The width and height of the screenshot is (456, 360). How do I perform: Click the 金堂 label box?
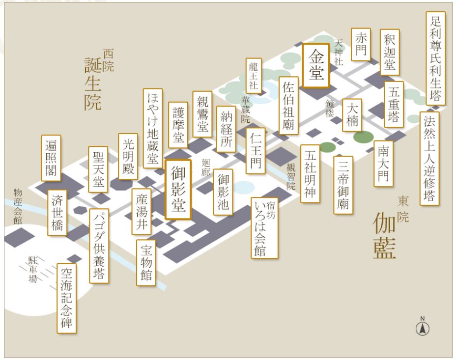(316, 66)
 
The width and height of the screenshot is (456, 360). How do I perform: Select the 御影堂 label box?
(178, 189)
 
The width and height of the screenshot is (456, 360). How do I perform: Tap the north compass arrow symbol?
(422, 328)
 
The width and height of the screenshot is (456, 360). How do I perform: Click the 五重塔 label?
(394, 104)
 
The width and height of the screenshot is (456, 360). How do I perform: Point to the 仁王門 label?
(256, 151)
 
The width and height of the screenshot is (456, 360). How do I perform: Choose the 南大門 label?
(383, 164)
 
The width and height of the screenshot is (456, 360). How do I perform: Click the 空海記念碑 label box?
(67, 298)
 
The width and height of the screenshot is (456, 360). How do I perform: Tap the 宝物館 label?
(146, 263)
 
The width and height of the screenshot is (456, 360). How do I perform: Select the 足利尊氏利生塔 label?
(436, 58)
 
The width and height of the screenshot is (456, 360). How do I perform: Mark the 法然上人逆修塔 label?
(429, 158)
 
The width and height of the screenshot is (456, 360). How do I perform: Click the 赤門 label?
(361, 45)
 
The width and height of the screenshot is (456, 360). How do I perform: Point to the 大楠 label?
(352, 115)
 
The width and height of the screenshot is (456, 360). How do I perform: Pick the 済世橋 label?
(57, 213)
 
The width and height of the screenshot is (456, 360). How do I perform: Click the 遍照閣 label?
(51, 158)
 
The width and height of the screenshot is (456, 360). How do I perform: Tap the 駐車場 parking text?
(32, 269)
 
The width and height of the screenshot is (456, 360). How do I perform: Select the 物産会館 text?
(18, 206)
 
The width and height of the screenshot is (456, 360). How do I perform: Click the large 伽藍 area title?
(384, 235)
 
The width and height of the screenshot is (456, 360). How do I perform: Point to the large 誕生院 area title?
(93, 83)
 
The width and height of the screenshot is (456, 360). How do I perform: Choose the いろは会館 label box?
(264, 228)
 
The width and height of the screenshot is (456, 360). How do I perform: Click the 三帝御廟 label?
(343, 185)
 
